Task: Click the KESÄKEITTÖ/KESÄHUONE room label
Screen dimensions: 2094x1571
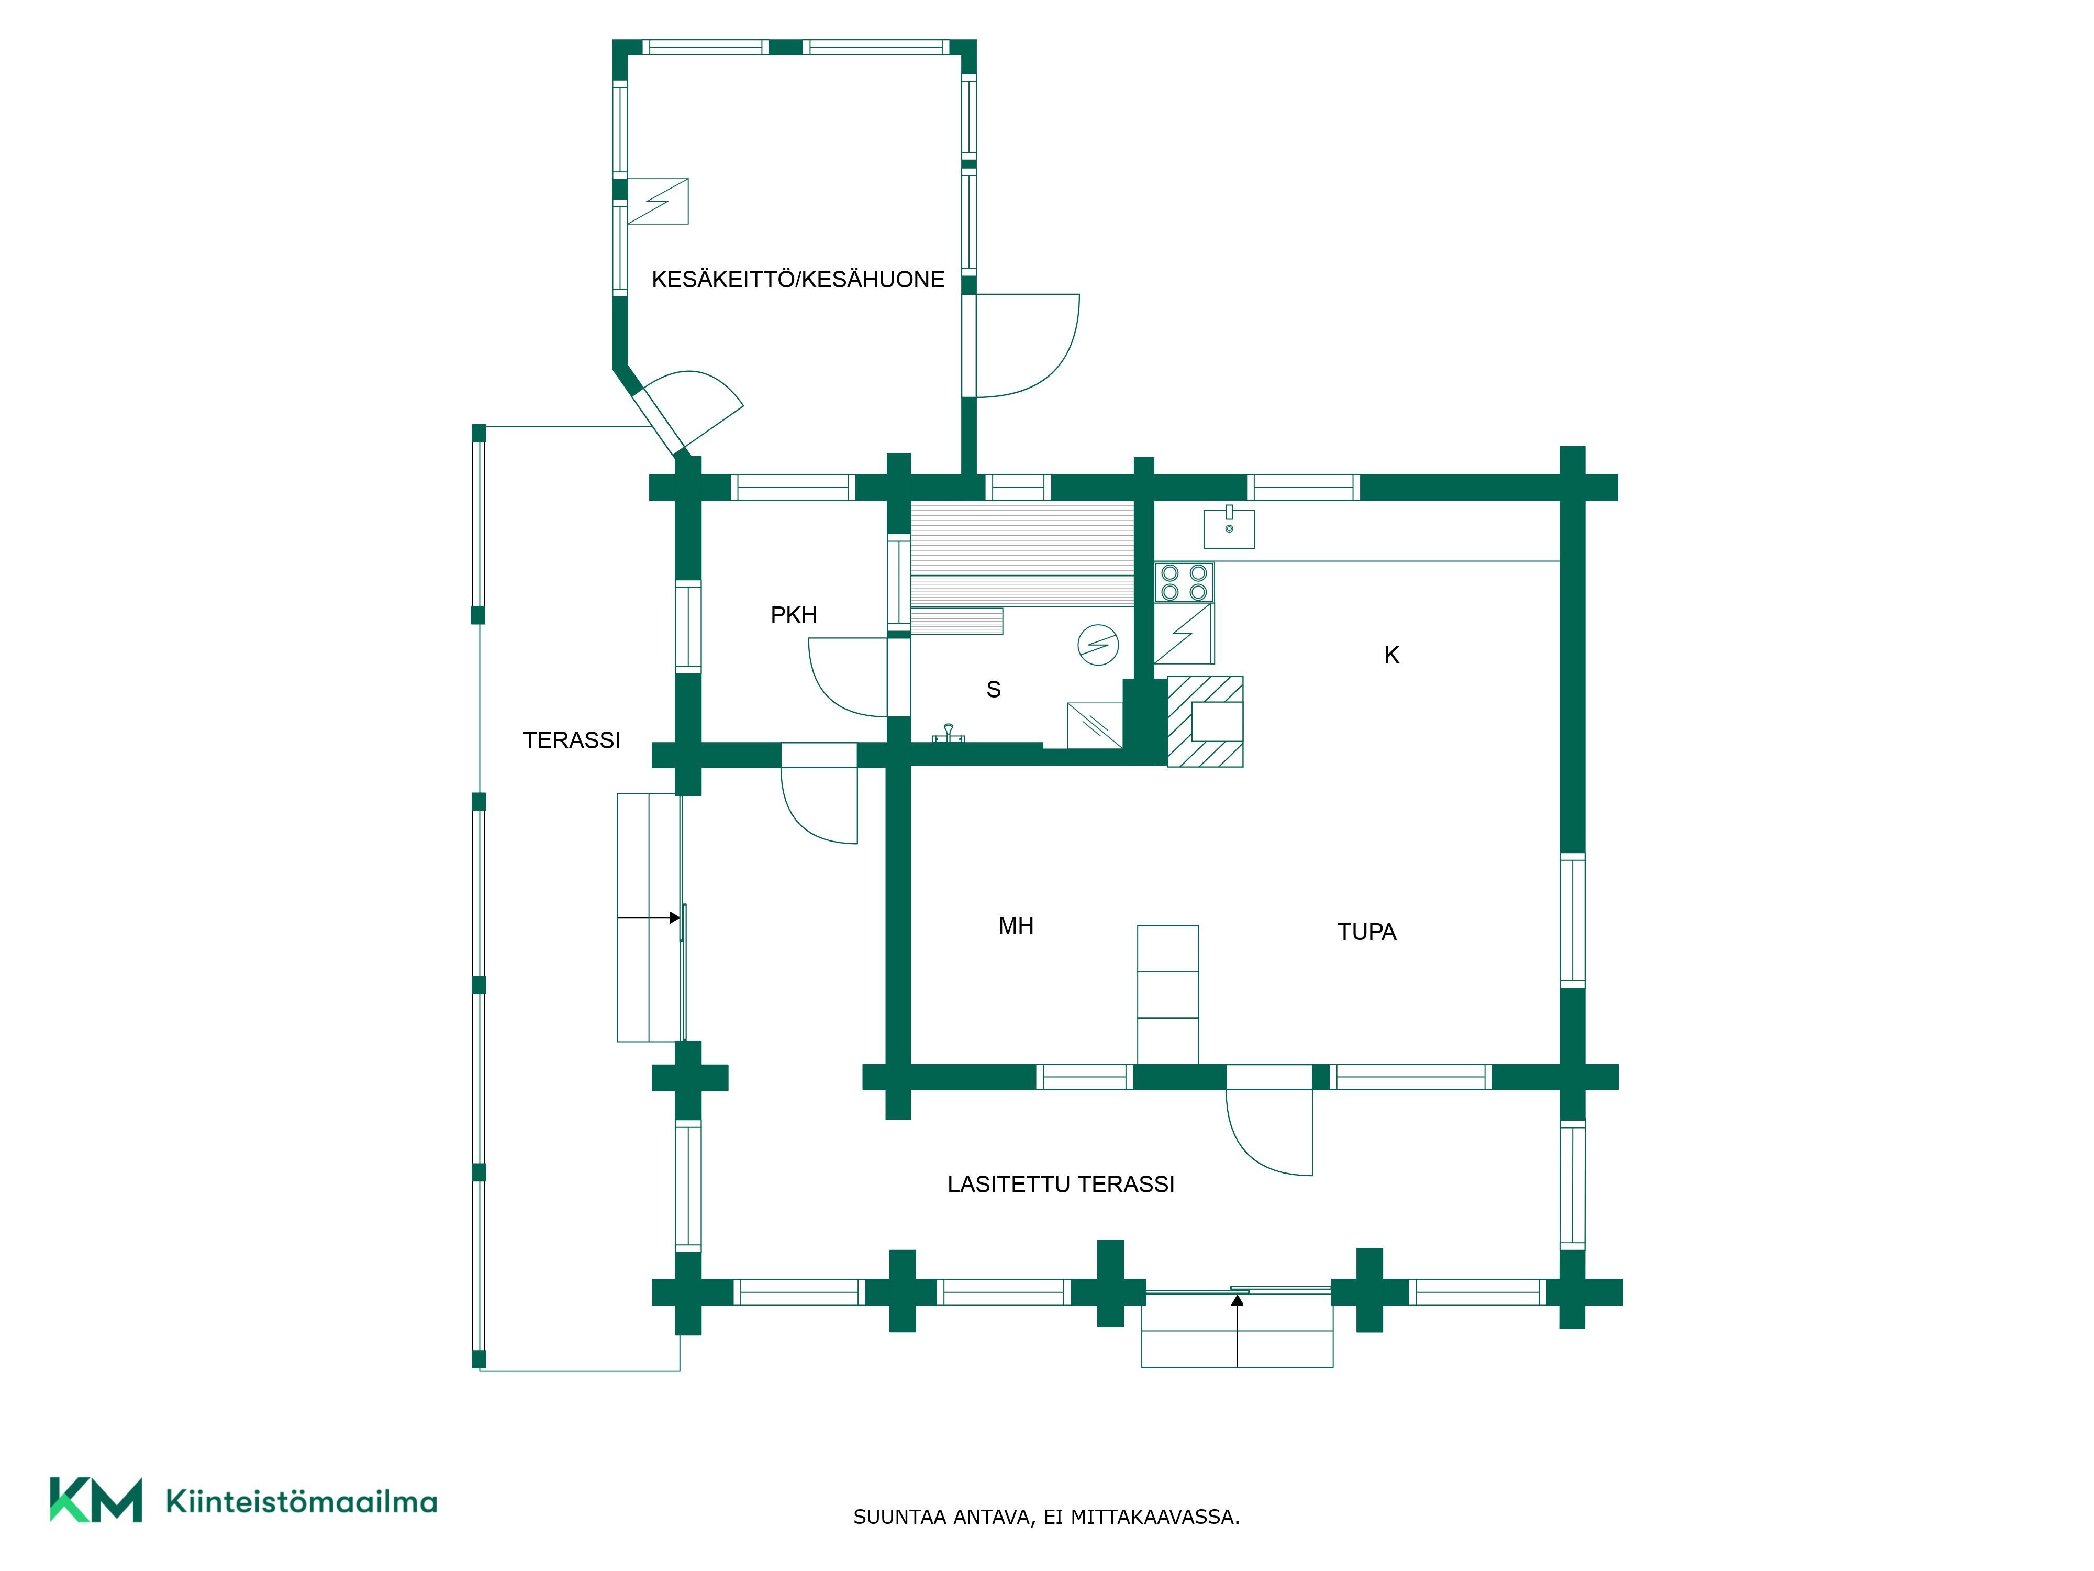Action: pyautogui.click(x=798, y=279)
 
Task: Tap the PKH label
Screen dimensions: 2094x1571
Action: pyautogui.click(x=793, y=615)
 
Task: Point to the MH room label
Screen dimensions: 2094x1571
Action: pyautogui.click(x=1016, y=926)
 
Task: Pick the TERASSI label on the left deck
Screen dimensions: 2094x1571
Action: pyautogui.click(x=572, y=740)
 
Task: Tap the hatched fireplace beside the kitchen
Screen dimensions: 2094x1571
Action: pyautogui.click(x=1205, y=722)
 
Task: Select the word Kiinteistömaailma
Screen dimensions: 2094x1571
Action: pyautogui.click(x=301, y=1502)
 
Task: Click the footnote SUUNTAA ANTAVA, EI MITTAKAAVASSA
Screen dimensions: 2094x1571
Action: pyautogui.click(x=1046, y=1517)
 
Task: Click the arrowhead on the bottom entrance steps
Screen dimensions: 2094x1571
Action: pyautogui.click(x=1237, y=1300)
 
